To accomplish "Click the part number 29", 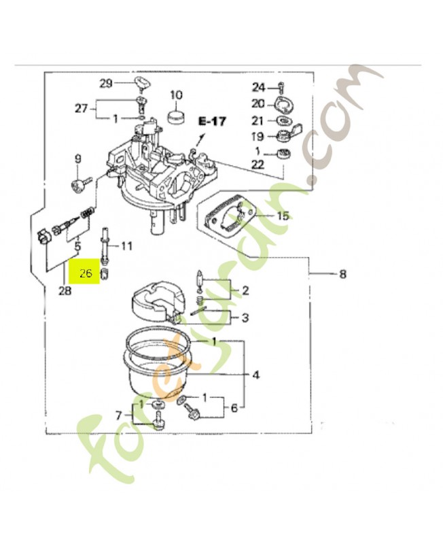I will [x=105, y=84].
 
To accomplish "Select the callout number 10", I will [x=177, y=95].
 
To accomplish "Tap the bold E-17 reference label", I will [x=212, y=122].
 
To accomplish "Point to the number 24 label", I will [x=258, y=87].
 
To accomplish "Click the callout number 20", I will [x=258, y=103].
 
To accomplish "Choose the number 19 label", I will [x=258, y=135].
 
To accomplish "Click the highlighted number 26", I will [x=86, y=275].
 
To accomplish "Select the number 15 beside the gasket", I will [x=282, y=216].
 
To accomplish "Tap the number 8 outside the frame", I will [x=342, y=275].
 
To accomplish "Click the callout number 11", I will [x=127, y=245].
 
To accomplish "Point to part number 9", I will [x=77, y=159].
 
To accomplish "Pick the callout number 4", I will [x=255, y=375].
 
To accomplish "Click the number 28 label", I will [x=65, y=292].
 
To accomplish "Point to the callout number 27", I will [x=82, y=109].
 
